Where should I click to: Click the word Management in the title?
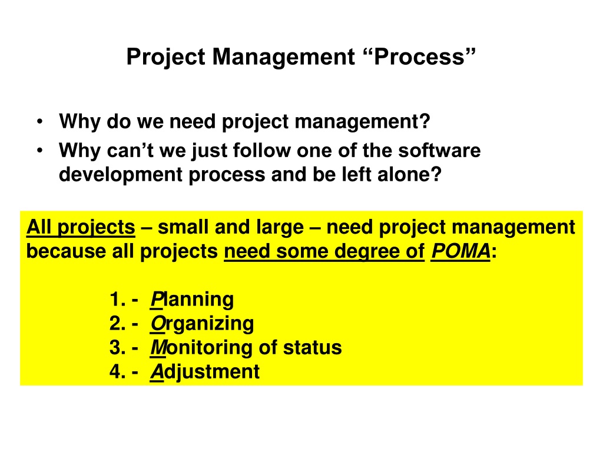coord(283,58)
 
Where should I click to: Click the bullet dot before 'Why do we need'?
coord(39,122)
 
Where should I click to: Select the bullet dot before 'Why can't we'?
coord(39,151)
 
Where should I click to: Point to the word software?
coord(439,150)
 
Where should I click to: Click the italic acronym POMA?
coord(460,251)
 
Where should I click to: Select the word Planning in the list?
coord(192,300)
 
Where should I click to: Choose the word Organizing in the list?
coord(202,324)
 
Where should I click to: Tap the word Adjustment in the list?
coord(204,372)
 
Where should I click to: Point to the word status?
coord(312,347)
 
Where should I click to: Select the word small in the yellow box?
coord(183,227)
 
